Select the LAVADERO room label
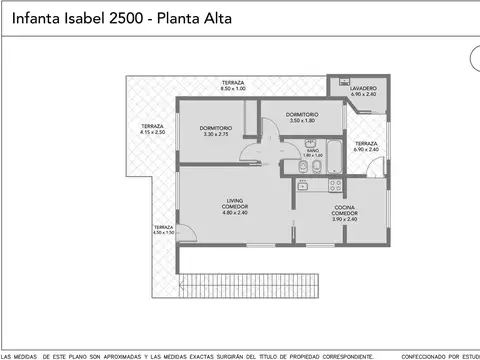[x=363, y=91]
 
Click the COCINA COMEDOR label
[x=346, y=211]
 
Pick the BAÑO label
[x=313, y=152]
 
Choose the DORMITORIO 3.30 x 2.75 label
[x=216, y=131]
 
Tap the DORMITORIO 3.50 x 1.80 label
[x=302, y=117]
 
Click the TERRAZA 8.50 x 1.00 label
[x=233, y=87]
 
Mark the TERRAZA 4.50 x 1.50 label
[x=163, y=230]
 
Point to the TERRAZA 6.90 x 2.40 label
[x=367, y=146]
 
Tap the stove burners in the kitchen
[x=334, y=185]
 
